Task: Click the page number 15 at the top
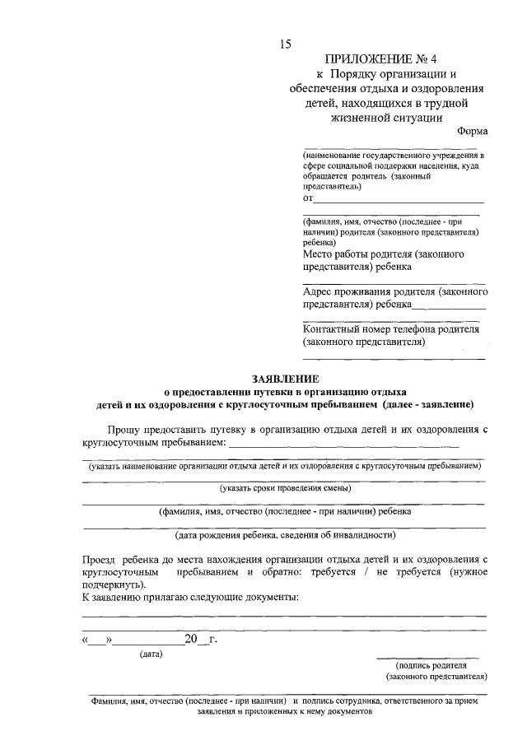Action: [x=285, y=44]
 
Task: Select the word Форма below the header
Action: [x=472, y=132]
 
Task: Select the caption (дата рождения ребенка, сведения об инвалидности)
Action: [x=285, y=533]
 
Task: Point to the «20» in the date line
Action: [x=193, y=638]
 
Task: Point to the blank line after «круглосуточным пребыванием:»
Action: [x=344, y=443]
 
